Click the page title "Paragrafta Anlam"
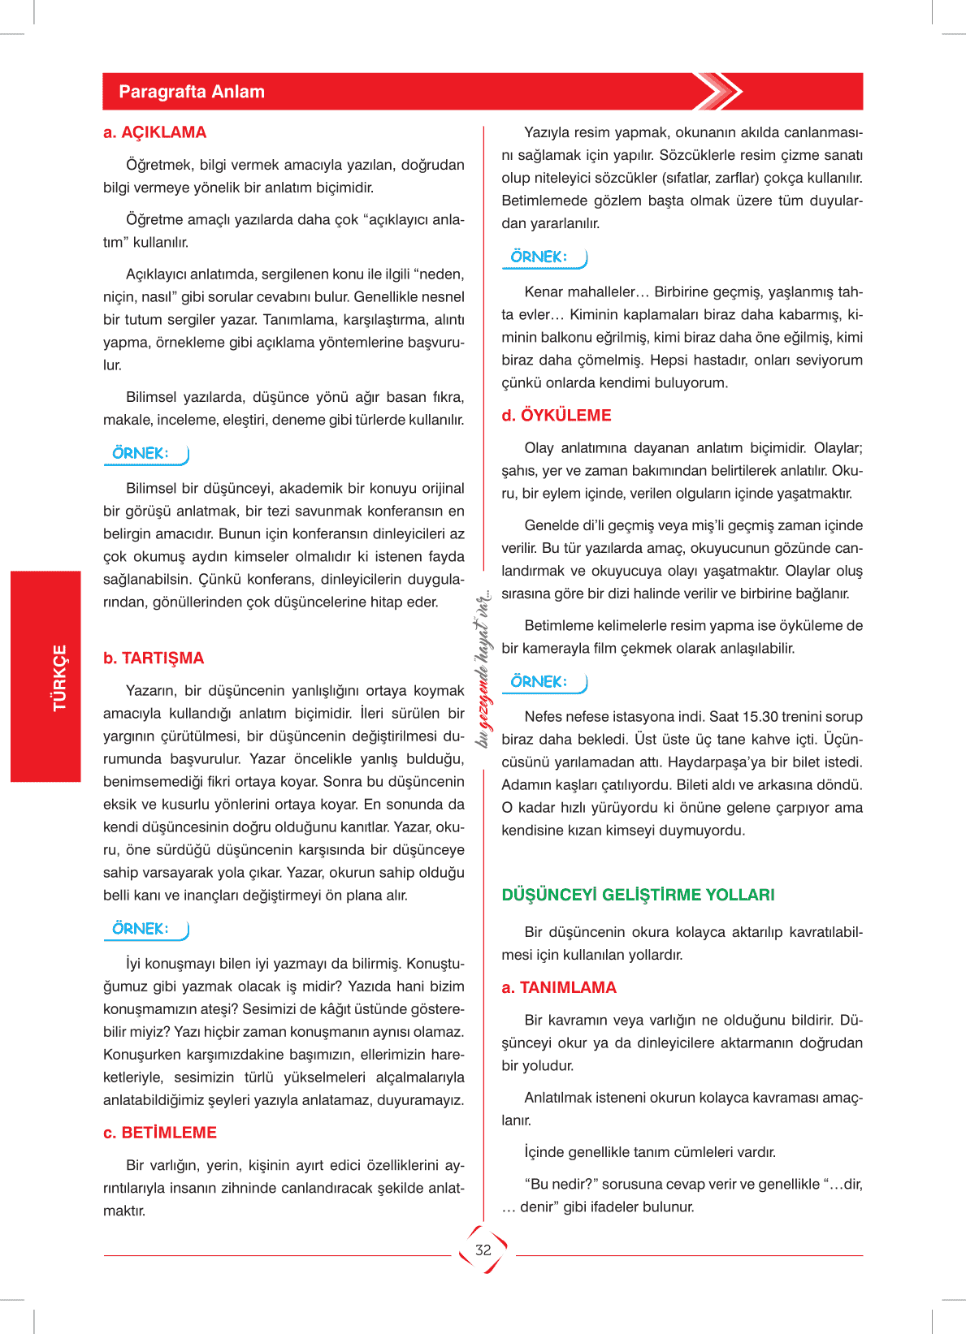point(192,92)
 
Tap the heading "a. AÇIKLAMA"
point(155,132)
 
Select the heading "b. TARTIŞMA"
point(154,658)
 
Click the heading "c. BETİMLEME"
point(160,1133)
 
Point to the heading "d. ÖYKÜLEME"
point(557,416)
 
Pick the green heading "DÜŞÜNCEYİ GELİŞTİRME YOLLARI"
point(638,895)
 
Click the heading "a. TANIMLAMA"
point(559,988)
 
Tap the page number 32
point(483,1250)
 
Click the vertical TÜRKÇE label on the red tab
point(59,678)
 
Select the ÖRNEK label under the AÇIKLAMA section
point(141,454)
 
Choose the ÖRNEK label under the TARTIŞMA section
point(141,929)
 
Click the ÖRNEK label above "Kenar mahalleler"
point(539,257)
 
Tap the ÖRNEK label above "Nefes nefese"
point(539,682)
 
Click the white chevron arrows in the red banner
point(717,92)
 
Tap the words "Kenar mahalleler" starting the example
point(580,292)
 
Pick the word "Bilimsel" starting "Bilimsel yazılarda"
point(151,398)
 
